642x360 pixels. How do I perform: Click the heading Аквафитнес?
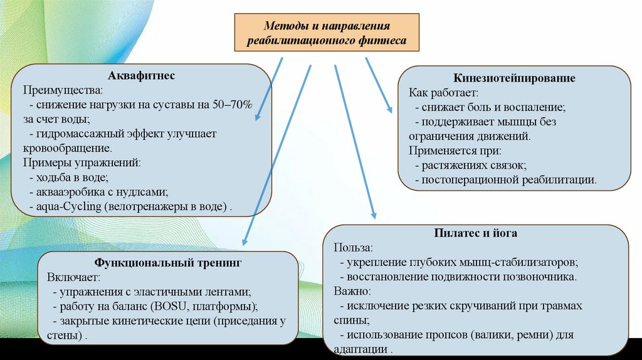[x=142, y=76]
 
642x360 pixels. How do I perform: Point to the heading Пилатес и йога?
[x=475, y=233]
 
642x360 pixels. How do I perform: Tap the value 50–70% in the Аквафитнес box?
[x=231, y=105]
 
